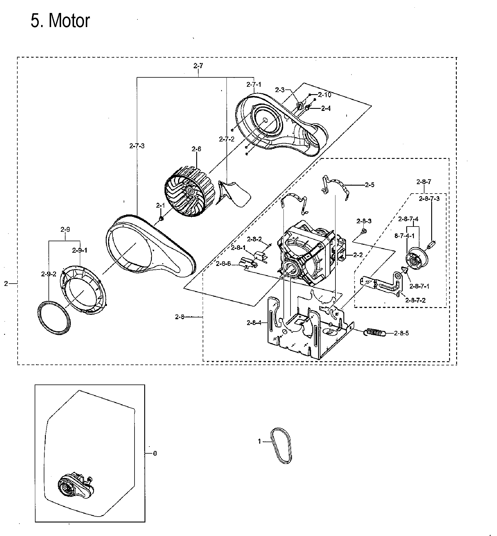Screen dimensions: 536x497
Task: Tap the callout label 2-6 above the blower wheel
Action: tap(197, 149)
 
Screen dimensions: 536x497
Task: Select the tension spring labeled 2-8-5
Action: tap(375, 332)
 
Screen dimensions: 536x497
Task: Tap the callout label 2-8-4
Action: tap(254, 323)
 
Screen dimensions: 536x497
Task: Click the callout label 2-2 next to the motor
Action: tap(358, 255)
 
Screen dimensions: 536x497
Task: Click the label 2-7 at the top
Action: tap(198, 66)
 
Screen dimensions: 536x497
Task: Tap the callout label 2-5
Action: tap(370, 185)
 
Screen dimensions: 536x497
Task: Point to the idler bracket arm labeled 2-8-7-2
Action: tap(382, 284)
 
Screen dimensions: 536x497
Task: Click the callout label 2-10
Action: tap(325, 95)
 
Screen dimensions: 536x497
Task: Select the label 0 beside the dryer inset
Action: tap(155, 453)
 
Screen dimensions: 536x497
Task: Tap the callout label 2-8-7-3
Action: tap(429, 199)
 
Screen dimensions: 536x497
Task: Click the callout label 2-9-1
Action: tap(80, 250)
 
